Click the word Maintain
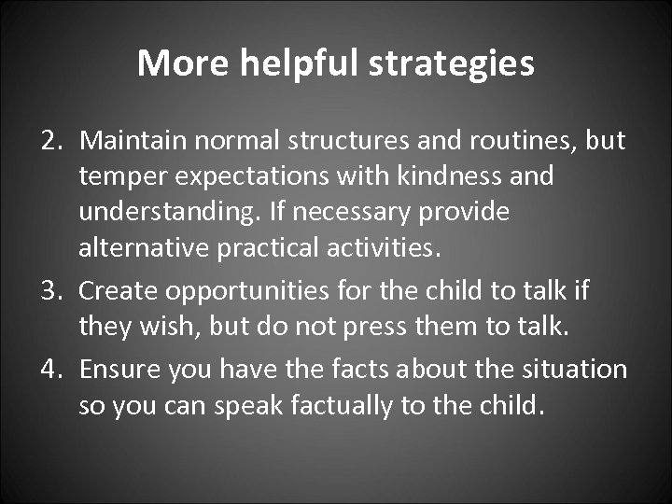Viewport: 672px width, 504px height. [x=129, y=141]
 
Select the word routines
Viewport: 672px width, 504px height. [x=525, y=141]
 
